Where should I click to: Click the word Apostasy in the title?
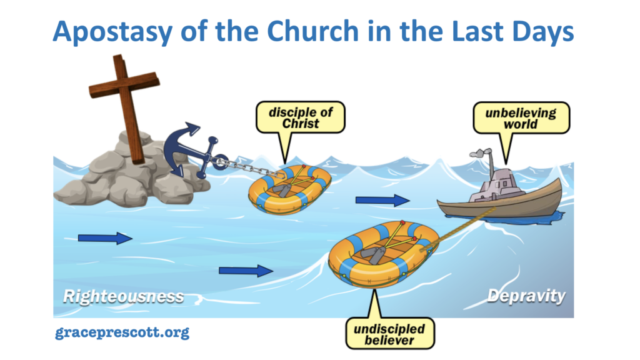pyautogui.click(x=112, y=32)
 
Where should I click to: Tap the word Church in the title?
pyautogui.click(x=312, y=31)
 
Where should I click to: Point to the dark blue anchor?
pyautogui.click(x=192, y=152)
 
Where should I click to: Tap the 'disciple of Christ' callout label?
pyautogui.click(x=301, y=117)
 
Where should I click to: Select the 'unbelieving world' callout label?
pyautogui.click(x=521, y=118)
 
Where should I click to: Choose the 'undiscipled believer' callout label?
pyautogui.click(x=390, y=334)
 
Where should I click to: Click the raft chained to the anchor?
pyautogui.click(x=290, y=189)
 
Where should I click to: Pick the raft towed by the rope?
pyautogui.click(x=383, y=254)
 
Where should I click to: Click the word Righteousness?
pyautogui.click(x=123, y=297)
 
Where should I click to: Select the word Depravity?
pyautogui.click(x=526, y=296)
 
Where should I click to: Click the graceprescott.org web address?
pyautogui.click(x=122, y=332)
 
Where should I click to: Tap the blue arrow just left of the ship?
pyautogui.click(x=382, y=200)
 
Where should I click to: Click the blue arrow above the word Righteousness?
pyautogui.click(x=105, y=238)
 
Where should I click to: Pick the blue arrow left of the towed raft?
pyautogui.click(x=246, y=271)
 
